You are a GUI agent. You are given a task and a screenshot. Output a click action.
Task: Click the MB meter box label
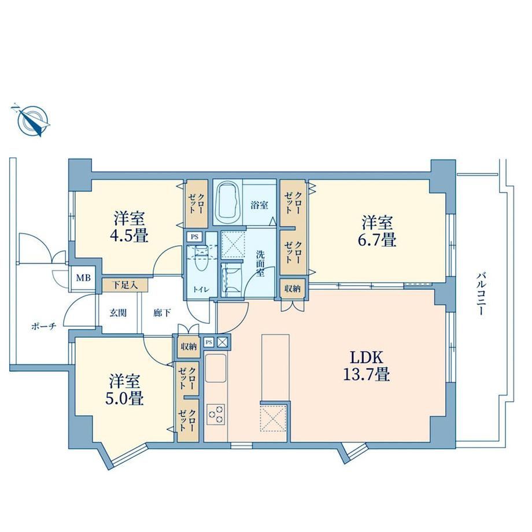83,278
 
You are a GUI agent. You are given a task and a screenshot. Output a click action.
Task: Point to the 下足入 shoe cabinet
125,285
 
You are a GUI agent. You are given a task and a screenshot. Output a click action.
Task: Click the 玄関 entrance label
118,312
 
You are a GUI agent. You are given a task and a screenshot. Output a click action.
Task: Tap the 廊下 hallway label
162,312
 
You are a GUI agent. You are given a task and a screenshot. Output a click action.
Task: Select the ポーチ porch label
43,326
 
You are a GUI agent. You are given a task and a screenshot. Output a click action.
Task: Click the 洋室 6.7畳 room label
377,231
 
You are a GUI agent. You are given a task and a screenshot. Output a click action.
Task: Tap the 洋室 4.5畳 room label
130,227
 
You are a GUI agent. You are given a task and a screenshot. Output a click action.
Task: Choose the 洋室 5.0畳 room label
124,390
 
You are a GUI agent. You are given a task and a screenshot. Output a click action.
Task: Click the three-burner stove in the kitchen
216,414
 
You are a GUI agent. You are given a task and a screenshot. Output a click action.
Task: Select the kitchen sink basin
216,368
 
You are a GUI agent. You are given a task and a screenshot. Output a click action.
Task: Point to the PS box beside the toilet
194,237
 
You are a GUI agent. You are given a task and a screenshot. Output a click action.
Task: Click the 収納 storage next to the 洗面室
293,289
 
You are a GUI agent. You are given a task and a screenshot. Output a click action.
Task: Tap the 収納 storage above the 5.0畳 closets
189,347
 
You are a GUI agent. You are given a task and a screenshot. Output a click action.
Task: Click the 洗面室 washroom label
260,264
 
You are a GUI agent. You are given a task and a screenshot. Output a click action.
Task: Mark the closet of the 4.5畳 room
197,204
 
